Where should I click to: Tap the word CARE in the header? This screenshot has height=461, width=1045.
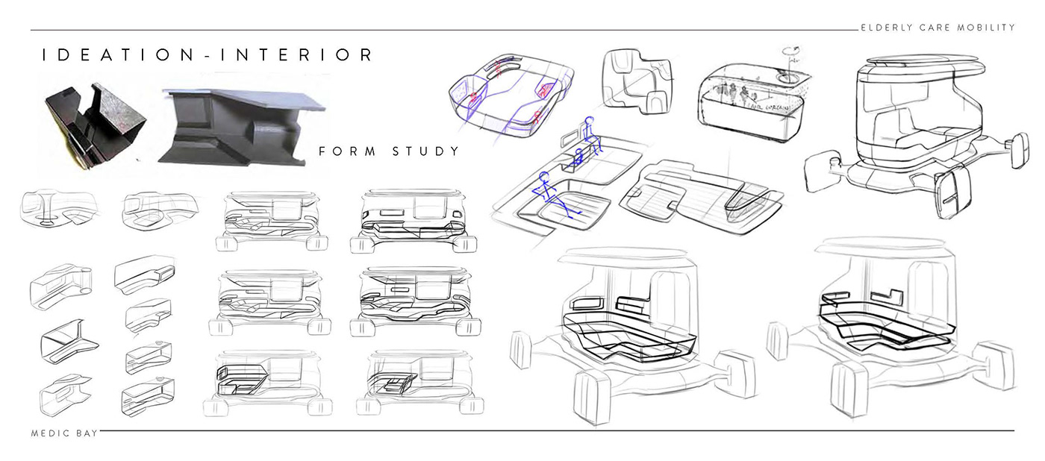coord(935,28)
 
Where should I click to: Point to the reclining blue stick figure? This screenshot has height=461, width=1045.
coord(555,195)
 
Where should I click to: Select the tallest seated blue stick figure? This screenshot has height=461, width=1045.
coord(589,134)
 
